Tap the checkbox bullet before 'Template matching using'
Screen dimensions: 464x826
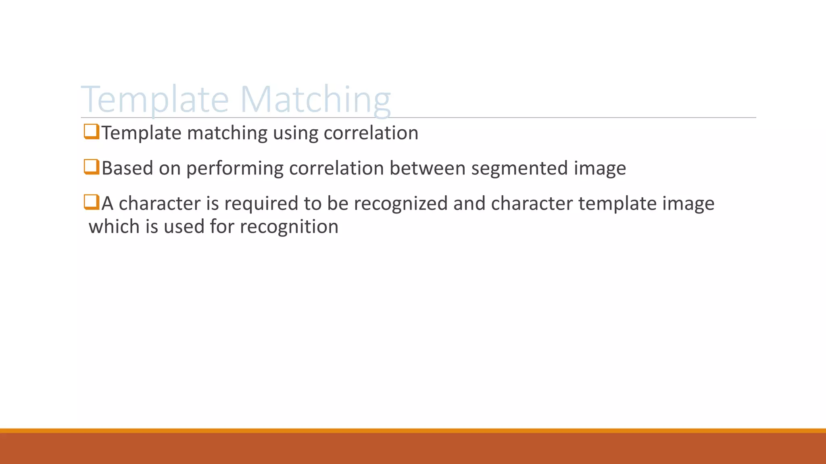(91, 132)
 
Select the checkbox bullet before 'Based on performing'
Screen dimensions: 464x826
(91, 167)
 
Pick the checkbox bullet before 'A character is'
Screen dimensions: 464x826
(91, 202)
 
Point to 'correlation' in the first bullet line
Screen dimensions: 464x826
(371, 133)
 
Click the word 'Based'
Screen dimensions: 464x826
(127, 168)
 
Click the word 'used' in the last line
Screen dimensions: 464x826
(184, 226)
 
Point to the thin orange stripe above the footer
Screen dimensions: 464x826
(413, 431)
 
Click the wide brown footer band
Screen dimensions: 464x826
(413, 449)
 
